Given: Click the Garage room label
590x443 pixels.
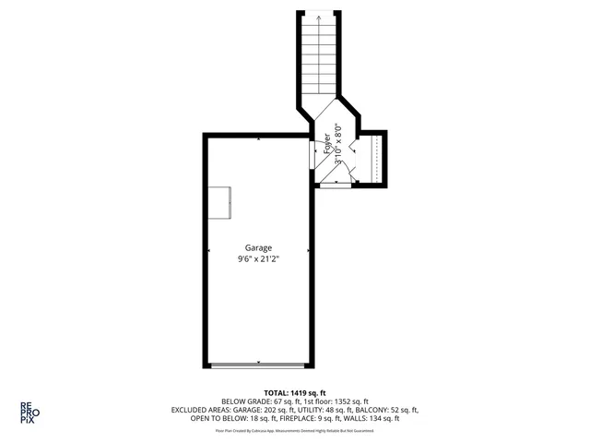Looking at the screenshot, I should click(258, 247).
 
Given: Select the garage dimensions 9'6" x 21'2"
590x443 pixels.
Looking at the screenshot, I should click(258, 259).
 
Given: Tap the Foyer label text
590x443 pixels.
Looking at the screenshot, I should click(327, 145).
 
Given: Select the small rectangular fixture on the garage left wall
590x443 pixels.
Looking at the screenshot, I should click(220, 202).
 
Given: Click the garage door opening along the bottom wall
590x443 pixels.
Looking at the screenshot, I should click(258, 365).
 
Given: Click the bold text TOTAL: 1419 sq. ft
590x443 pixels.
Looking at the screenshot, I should click(294, 393).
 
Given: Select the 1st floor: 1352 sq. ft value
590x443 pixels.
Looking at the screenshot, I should click(335, 402).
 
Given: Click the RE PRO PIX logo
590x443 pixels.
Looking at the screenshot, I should click(29, 412).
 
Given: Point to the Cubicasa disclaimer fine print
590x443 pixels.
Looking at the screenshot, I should click(294, 430).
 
